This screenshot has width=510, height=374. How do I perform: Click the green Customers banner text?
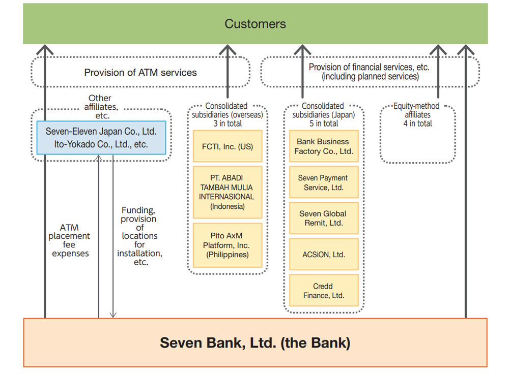[x=255, y=24]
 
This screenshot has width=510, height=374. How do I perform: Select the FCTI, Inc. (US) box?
[x=228, y=146]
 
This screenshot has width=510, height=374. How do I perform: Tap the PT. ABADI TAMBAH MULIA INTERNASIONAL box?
[x=228, y=192]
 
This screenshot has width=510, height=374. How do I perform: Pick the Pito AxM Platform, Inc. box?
[x=228, y=245]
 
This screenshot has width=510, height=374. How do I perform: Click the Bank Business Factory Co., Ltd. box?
[x=323, y=146]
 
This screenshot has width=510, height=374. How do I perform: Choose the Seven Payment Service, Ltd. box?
[x=323, y=183]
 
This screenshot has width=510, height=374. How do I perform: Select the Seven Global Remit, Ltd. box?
[x=323, y=219]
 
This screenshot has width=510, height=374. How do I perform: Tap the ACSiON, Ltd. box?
[x=323, y=255]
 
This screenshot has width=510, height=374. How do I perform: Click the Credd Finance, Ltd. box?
[x=323, y=291]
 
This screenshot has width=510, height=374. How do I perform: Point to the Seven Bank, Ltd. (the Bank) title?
[x=255, y=342]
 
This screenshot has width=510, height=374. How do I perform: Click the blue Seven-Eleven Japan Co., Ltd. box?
[x=101, y=138]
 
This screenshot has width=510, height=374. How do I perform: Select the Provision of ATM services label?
[x=140, y=73]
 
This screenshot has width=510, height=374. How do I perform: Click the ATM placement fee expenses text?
[x=70, y=240]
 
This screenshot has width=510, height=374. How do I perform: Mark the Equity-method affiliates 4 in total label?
[x=417, y=114]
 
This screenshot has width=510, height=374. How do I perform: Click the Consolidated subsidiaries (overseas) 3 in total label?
[x=228, y=114]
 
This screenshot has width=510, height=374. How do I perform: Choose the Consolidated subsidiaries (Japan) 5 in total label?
[x=323, y=114]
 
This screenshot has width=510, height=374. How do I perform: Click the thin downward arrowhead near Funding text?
[x=113, y=315]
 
